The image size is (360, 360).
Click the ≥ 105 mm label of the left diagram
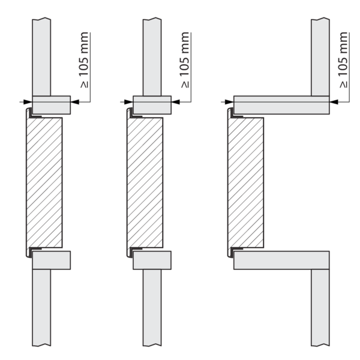[x=84, y=60]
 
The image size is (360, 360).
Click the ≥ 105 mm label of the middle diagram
[x=185, y=60]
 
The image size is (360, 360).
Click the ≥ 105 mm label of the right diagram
[x=343, y=60]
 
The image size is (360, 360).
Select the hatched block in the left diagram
[x=44, y=183]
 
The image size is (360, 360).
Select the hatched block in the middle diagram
[x=145, y=183]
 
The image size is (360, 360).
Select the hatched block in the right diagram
[x=246, y=183]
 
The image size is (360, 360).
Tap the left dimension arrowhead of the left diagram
[x=28, y=102]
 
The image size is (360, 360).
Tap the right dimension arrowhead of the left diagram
[x=75, y=102]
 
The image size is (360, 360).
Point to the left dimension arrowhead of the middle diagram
[x=128, y=102]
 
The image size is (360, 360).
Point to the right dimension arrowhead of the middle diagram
[x=176, y=102]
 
